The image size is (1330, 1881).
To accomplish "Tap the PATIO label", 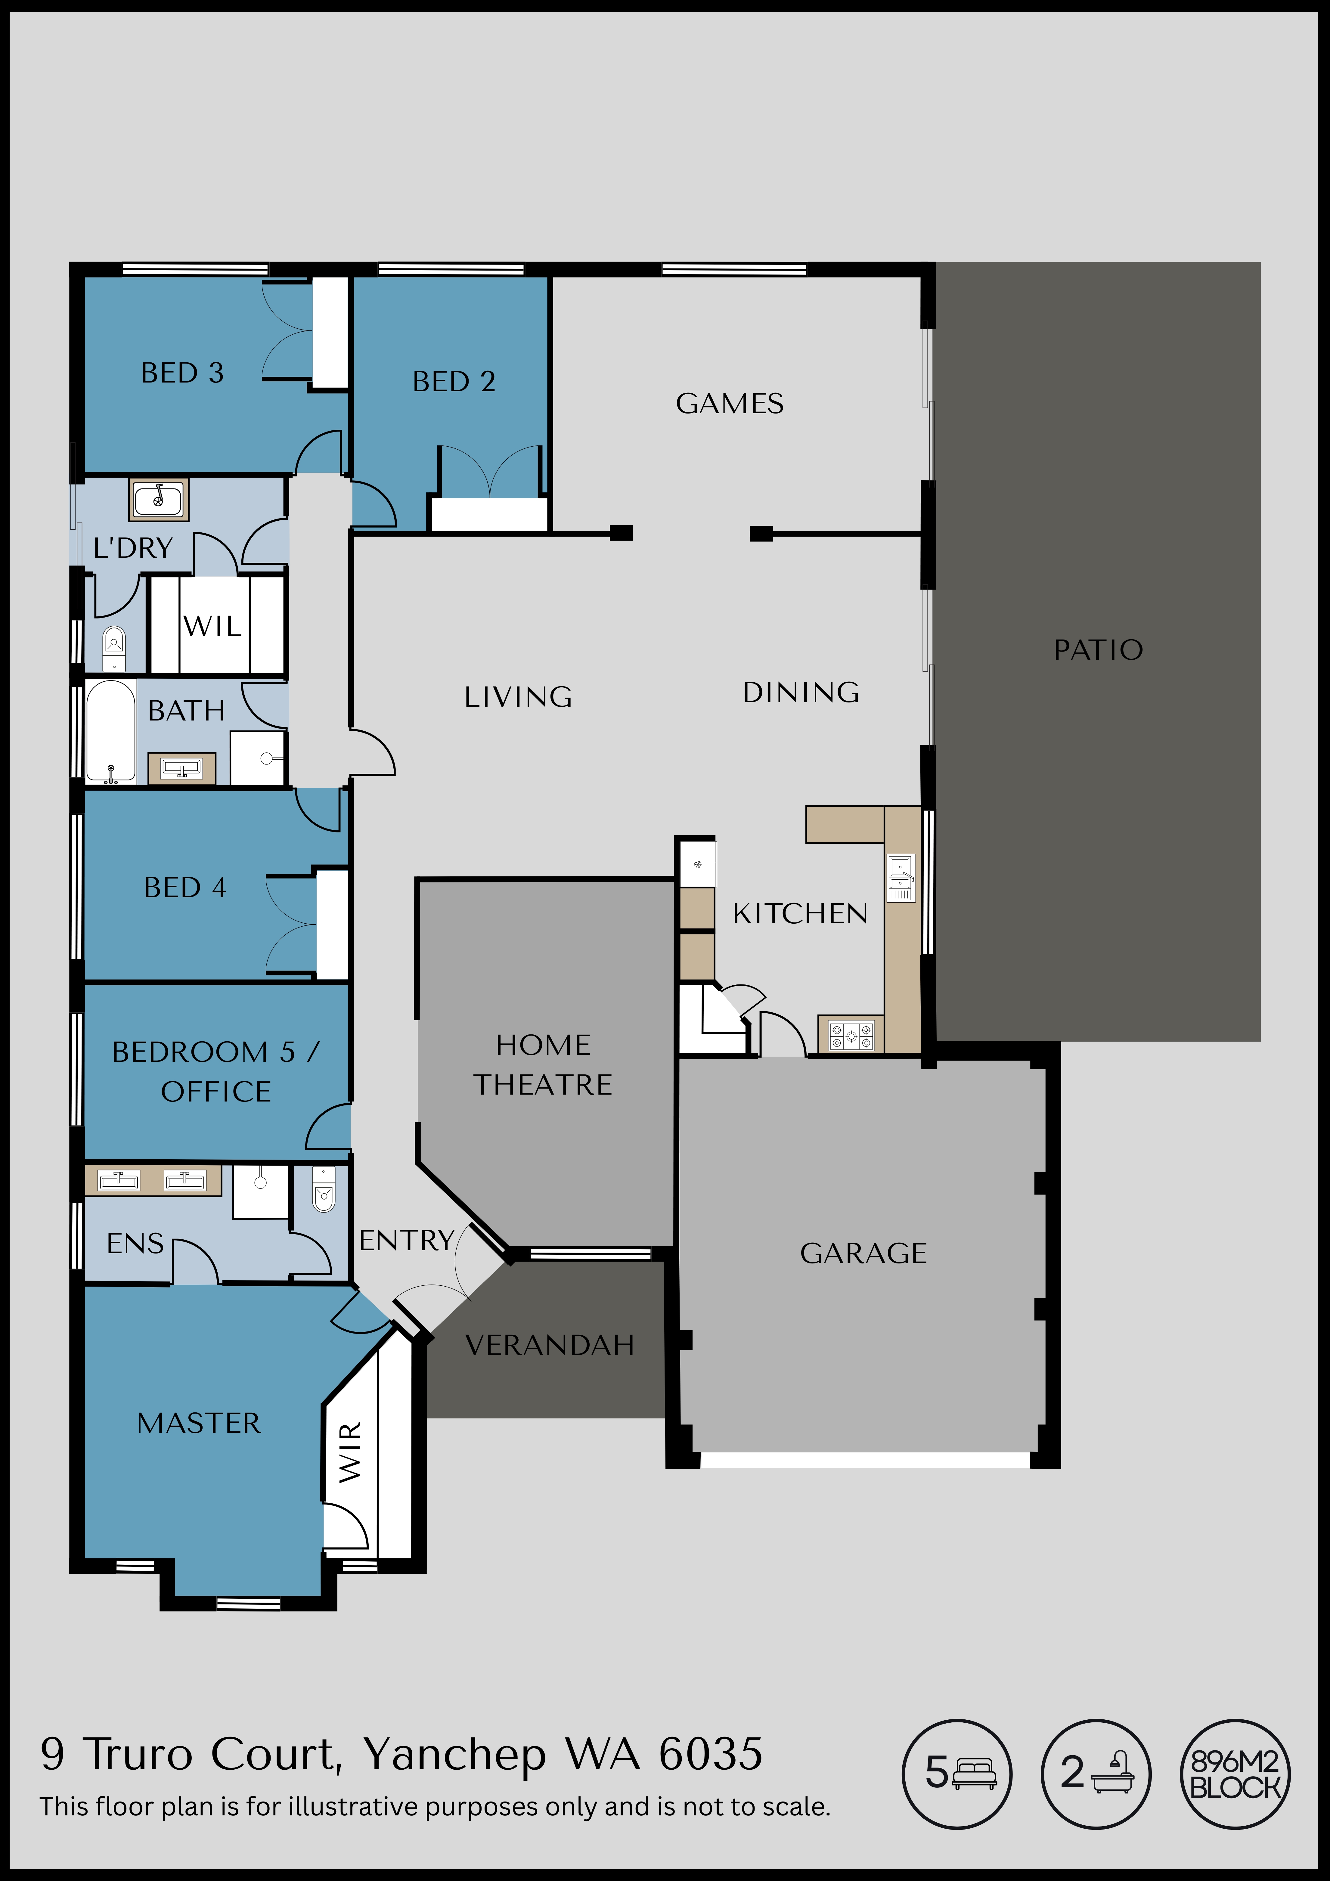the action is (x=1098, y=650).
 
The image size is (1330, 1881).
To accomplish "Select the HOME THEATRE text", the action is (x=543, y=1064).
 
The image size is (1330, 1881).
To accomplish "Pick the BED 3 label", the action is (x=182, y=373).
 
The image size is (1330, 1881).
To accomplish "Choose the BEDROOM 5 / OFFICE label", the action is (x=215, y=1072).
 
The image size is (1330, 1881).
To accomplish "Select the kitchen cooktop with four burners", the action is (x=851, y=1036).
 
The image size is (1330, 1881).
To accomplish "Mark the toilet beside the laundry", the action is (x=114, y=649).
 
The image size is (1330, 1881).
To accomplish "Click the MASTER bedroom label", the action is (x=199, y=1423).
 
